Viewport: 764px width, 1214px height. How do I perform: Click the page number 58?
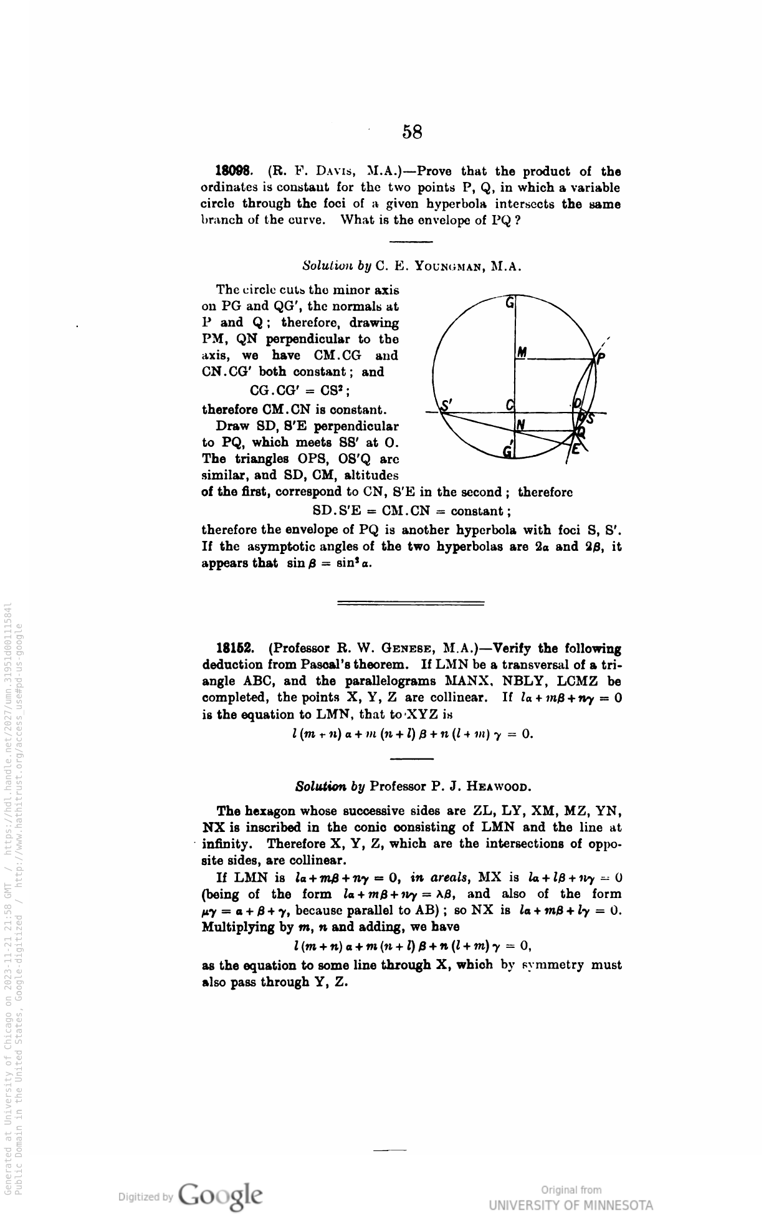(x=412, y=131)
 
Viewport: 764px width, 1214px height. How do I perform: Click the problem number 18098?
(x=233, y=171)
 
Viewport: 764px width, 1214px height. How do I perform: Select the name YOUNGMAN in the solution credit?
(x=445, y=266)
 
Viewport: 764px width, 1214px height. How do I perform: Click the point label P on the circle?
(x=601, y=358)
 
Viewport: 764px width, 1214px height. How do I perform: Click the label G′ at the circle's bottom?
(x=509, y=450)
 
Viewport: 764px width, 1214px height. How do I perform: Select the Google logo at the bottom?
(x=220, y=1195)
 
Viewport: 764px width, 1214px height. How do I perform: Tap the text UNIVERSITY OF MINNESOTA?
(x=571, y=1204)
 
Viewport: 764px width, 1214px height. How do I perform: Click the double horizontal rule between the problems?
(x=411, y=603)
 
